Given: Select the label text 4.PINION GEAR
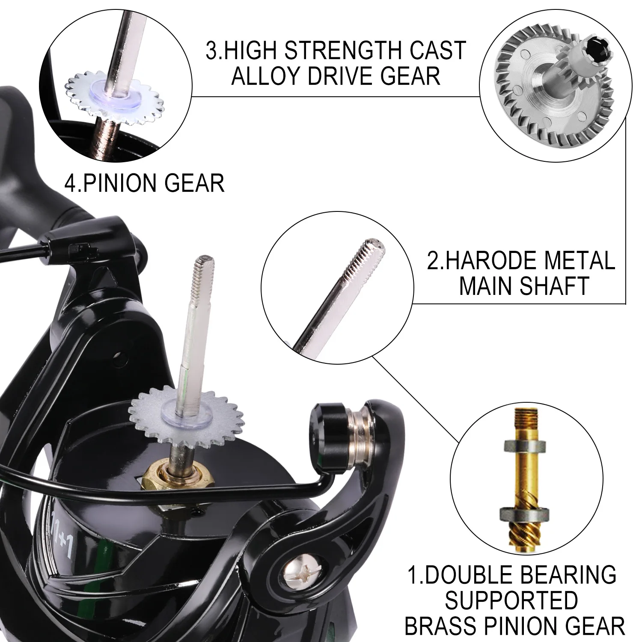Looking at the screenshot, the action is [x=144, y=183].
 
